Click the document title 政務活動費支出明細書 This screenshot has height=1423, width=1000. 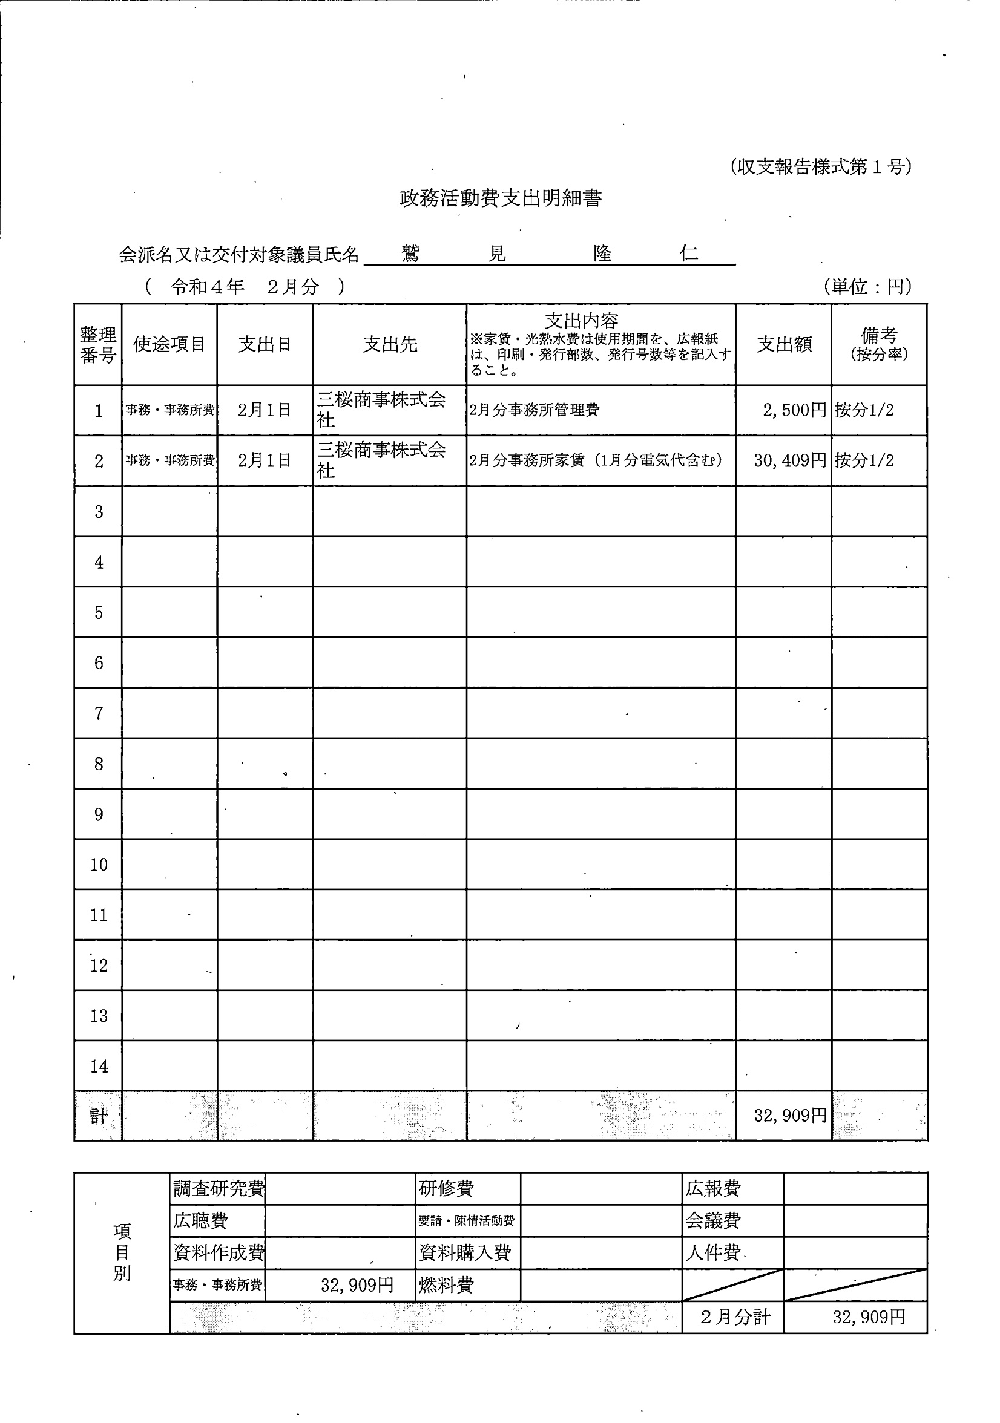coord(501,198)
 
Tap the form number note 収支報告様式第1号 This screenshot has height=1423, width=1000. coord(820,167)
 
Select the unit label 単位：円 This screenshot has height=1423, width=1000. coord(867,286)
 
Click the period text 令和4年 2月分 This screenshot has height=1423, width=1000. coord(245,286)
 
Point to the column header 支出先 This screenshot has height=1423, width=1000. coord(389,345)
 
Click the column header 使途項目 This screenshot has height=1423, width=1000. coord(169,345)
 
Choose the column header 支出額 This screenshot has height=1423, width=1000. coord(784,345)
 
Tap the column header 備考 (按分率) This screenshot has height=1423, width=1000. coord(878,345)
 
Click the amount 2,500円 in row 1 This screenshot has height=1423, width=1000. coord(794,410)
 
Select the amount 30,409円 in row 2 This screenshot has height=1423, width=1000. coord(790,460)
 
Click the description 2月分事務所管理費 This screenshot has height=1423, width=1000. coord(535,410)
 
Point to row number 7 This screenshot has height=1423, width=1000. coord(99,714)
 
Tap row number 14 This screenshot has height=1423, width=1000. coord(99,1067)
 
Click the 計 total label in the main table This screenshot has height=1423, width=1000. coord(99,1116)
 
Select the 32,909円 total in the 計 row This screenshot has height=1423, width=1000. coord(790,1116)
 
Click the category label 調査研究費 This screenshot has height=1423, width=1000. coord(219,1189)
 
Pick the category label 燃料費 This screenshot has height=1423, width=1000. coord(446,1285)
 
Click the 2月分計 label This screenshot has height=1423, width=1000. coord(735,1317)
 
